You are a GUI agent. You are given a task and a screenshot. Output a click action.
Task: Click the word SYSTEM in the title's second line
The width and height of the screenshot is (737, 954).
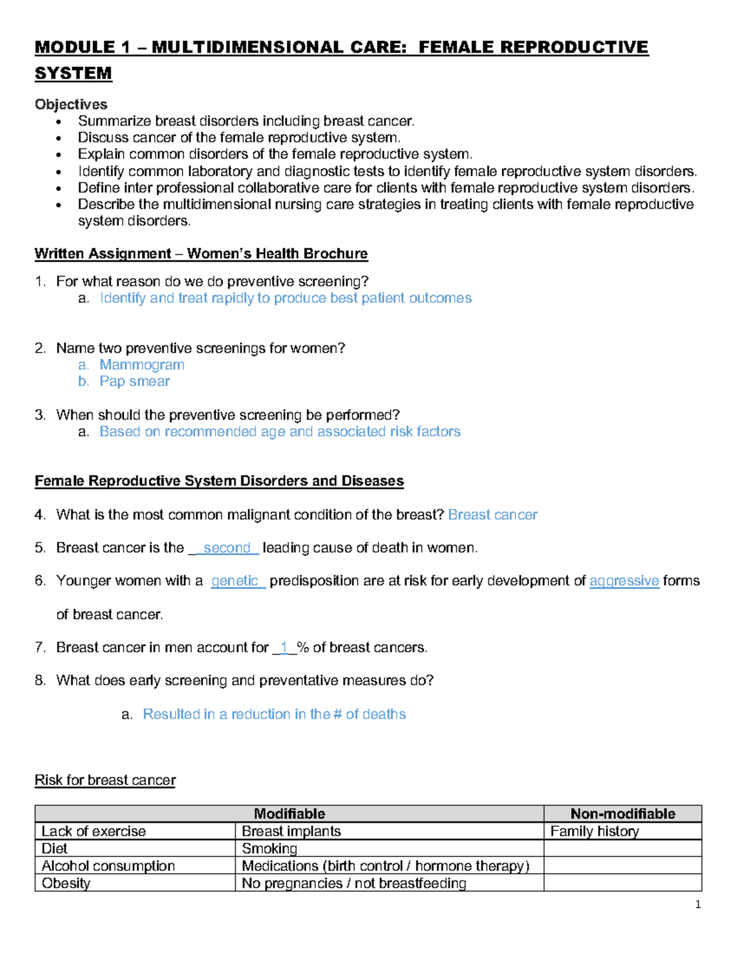(x=73, y=73)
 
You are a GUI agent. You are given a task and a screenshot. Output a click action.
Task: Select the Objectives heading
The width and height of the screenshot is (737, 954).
(x=71, y=104)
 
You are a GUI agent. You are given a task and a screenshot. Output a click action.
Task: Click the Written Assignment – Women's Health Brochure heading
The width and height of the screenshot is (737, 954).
(x=201, y=254)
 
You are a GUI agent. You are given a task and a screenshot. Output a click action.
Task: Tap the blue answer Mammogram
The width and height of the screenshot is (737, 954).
(x=142, y=365)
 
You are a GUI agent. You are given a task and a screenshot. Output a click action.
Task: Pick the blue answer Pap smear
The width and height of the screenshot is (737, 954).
(x=135, y=381)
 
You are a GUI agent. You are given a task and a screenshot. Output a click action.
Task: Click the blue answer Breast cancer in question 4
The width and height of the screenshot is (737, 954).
(x=493, y=515)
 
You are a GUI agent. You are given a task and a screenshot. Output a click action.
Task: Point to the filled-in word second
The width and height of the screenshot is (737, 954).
(x=227, y=548)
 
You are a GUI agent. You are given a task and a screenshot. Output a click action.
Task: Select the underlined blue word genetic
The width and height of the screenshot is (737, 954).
(x=235, y=581)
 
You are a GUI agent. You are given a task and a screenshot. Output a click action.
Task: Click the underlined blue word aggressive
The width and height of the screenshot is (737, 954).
(x=624, y=581)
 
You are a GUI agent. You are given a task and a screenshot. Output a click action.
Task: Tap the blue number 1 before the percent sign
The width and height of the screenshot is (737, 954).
(x=284, y=647)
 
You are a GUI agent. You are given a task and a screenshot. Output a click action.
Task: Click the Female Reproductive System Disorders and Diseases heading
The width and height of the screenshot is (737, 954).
(x=219, y=481)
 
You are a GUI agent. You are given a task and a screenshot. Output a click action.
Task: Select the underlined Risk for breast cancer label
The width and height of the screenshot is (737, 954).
(x=105, y=780)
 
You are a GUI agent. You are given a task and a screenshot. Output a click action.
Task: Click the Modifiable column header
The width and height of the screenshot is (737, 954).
(x=289, y=814)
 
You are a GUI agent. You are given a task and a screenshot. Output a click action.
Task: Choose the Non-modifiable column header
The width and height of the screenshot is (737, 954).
(x=622, y=814)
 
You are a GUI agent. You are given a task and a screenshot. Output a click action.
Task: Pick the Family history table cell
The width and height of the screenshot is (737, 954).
(x=595, y=831)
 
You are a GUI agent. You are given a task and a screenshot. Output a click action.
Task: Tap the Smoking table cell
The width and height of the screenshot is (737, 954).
(x=270, y=848)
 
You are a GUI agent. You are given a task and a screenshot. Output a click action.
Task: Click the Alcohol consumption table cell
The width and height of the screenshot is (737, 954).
(x=108, y=866)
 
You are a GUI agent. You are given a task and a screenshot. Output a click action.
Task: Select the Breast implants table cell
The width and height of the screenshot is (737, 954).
(x=291, y=831)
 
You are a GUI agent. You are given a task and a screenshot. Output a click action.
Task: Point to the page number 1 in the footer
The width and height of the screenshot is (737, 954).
(x=698, y=904)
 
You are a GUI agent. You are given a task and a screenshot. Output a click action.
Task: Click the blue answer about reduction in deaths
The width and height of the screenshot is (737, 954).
(x=274, y=714)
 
